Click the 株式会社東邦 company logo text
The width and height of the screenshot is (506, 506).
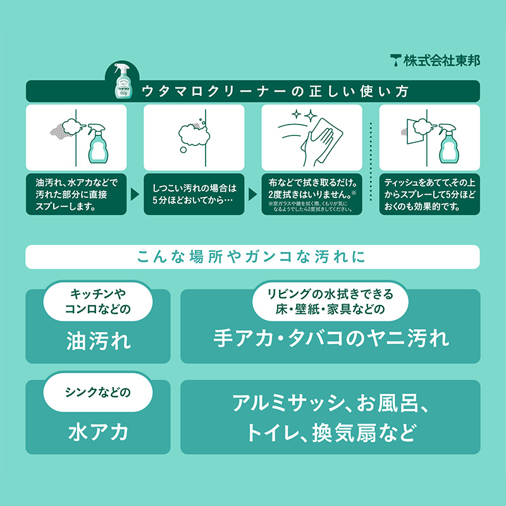[435, 61]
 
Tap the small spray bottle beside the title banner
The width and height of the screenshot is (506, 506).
[123, 80]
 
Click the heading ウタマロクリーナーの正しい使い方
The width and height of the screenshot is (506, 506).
[275, 91]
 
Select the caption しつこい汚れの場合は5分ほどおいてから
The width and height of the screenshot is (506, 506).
[194, 194]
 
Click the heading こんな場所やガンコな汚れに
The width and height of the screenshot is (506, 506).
[252, 257]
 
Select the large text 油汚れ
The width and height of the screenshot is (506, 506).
[98, 342]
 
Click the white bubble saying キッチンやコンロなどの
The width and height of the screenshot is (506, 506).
[98, 302]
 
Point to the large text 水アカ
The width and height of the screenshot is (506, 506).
[98, 433]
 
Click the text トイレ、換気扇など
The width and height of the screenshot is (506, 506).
[331, 434]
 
